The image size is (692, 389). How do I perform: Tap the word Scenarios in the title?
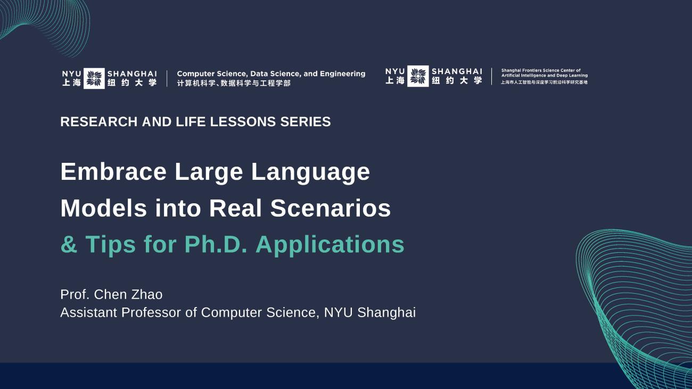(x=331, y=208)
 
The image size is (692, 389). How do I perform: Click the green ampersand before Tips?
(x=69, y=244)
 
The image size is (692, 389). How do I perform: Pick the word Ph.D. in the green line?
(x=216, y=244)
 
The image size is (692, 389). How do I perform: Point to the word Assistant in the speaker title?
(x=89, y=312)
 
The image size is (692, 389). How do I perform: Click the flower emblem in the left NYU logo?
(x=94, y=78)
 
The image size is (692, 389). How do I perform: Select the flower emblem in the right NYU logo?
(x=418, y=76)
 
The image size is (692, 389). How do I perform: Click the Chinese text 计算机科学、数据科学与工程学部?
(x=234, y=84)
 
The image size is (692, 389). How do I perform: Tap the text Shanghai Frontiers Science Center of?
(x=541, y=70)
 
